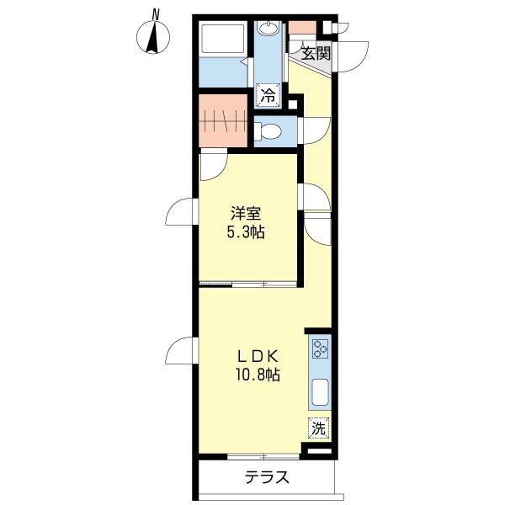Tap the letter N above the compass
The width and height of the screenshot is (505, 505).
(x=155, y=12)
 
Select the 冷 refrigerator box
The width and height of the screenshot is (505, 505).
(x=268, y=96)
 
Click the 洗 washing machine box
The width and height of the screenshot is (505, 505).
(x=318, y=428)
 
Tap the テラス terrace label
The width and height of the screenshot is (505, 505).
(x=268, y=478)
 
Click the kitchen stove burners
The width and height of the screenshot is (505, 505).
(x=321, y=348)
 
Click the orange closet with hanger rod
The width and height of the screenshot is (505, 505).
(x=224, y=122)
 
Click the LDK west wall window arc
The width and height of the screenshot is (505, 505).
(x=181, y=351)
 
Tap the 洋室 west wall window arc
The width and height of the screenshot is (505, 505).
(x=181, y=215)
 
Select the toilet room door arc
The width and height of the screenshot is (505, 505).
(x=313, y=130)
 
